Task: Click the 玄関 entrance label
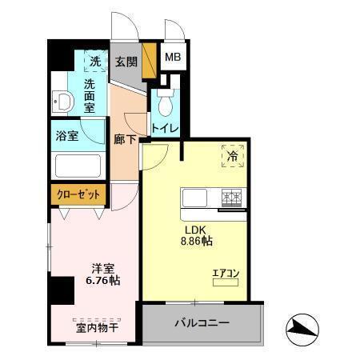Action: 126,62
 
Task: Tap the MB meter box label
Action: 172,58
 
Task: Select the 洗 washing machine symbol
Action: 95,61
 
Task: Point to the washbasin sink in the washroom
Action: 62,101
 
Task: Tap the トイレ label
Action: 165,128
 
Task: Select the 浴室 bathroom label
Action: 67,135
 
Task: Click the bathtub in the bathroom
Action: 77,166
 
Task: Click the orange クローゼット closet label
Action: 78,194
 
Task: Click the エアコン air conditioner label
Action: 226,274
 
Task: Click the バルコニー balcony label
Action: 202,323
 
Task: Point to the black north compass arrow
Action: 303,327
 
